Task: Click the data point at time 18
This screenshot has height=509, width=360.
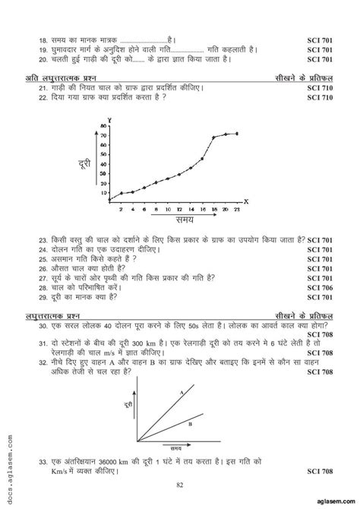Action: [213, 138]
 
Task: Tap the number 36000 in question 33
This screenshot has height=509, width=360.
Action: [104, 460]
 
